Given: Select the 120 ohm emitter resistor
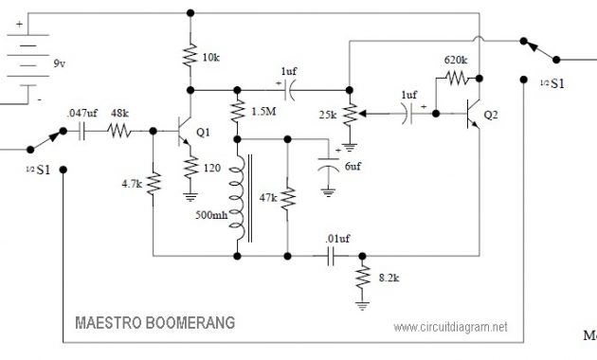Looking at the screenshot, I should tap(191, 170).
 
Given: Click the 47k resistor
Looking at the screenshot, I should tap(286, 200).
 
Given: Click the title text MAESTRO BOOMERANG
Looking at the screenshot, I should tap(154, 322).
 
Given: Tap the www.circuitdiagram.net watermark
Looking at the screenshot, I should tap(449, 326).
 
